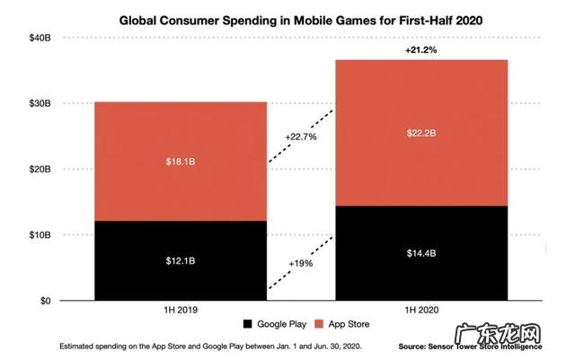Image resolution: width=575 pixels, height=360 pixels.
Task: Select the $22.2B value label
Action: tap(421, 133)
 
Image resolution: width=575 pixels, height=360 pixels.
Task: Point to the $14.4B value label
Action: tap(421, 254)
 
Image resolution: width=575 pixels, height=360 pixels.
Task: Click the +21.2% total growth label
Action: tap(420, 50)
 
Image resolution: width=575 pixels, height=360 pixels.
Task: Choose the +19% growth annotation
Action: tap(301, 266)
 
